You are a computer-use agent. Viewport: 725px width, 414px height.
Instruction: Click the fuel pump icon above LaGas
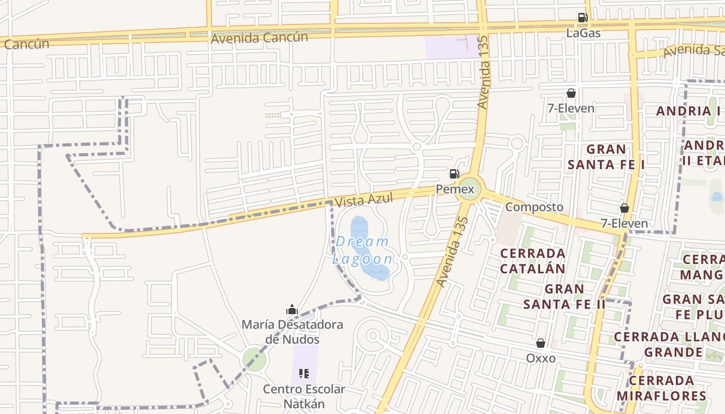click(583, 18)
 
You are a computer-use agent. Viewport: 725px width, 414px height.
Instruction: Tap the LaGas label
click(583, 33)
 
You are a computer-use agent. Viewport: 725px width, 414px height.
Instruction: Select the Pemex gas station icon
click(454, 174)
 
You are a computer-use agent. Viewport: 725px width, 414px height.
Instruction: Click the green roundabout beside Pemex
click(468, 190)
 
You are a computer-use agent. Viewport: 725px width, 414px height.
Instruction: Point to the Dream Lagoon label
click(363, 250)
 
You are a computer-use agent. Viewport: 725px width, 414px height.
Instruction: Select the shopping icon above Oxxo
click(541, 343)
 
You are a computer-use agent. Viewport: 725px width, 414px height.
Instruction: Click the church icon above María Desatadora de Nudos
click(292, 310)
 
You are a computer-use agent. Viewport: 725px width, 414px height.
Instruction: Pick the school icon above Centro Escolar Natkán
click(304, 373)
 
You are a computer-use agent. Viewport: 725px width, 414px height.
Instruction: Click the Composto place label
click(534, 207)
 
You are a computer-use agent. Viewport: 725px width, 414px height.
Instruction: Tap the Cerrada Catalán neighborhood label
click(532, 261)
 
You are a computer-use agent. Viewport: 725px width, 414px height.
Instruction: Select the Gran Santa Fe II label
click(564, 297)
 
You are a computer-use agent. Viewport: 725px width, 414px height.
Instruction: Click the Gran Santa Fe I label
click(606, 157)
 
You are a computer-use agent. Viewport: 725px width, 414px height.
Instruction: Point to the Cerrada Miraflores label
click(661, 388)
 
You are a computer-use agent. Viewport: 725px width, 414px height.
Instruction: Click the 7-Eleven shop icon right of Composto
click(624, 208)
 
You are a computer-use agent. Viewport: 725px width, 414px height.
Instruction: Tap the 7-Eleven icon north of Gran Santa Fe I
click(571, 93)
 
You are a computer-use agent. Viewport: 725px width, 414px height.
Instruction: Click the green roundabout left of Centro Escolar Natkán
click(254, 359)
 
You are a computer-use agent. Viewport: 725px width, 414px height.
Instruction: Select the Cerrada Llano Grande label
click(668, 345)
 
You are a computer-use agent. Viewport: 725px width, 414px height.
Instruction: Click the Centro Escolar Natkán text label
click(303, 396)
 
